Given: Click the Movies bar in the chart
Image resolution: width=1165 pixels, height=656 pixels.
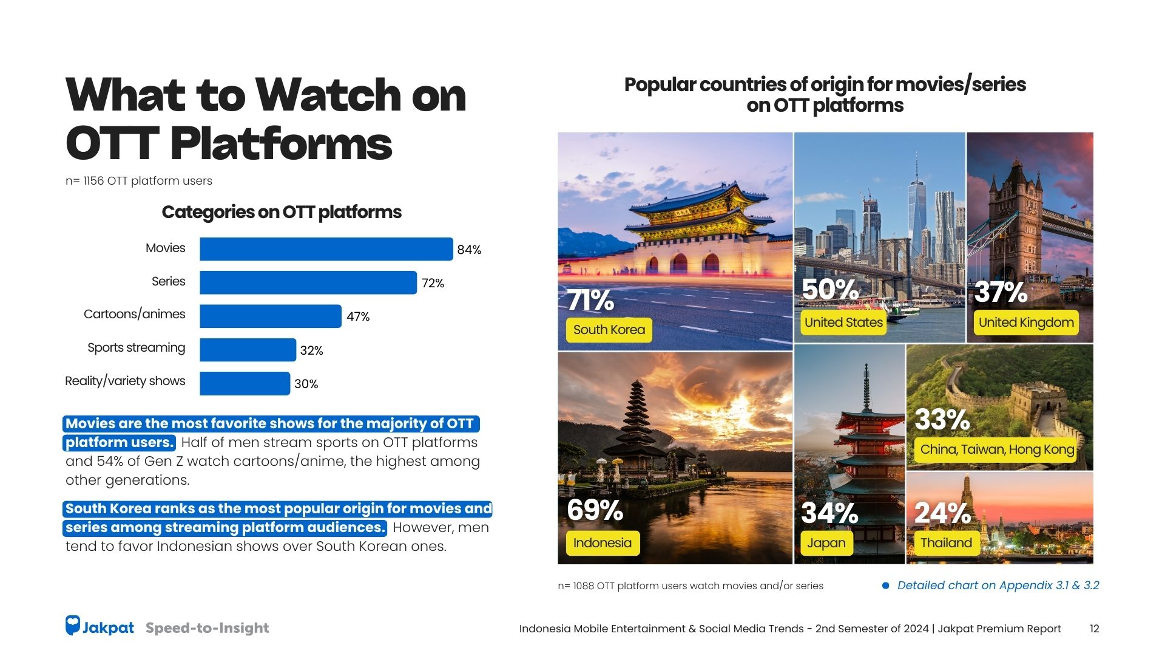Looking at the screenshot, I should coord(326,249).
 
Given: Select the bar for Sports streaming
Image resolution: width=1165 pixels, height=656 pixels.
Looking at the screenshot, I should coord(248,350).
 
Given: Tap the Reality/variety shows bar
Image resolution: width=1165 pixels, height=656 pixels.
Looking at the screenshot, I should coord(245,383).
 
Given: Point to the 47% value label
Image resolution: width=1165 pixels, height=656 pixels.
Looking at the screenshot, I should coord(358,316).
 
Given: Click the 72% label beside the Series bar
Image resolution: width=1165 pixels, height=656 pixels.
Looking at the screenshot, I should coord(433,283).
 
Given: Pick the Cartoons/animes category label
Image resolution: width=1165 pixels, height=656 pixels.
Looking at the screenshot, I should coord(134,314).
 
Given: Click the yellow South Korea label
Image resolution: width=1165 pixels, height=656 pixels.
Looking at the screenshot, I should coord(609,330).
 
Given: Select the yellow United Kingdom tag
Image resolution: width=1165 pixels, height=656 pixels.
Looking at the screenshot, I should coord(1025,323).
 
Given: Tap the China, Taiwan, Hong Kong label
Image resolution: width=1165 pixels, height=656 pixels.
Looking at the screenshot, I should coord(996,449).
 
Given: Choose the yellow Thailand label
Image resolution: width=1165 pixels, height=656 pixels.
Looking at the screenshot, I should coord(945,543).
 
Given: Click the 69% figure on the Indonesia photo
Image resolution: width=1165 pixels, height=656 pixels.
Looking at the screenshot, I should coord(595,510).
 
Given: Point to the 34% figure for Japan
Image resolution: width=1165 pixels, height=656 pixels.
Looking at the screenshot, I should coord(829,513).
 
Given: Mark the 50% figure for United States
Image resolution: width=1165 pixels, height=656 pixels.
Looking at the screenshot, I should coord(829,290).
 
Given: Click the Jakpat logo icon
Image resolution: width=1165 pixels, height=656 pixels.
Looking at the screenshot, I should coord(73,626).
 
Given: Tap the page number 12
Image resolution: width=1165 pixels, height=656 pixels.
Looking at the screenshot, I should coord(1094,629).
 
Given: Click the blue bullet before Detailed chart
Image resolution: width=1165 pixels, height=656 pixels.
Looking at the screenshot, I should coord(885,586).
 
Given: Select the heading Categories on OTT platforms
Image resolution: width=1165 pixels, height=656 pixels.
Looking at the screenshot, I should coord(282,212).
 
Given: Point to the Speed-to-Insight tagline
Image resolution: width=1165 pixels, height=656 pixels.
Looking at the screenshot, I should coord(207,628).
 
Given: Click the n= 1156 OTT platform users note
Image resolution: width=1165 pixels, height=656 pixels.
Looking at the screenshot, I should coord(139,181).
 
